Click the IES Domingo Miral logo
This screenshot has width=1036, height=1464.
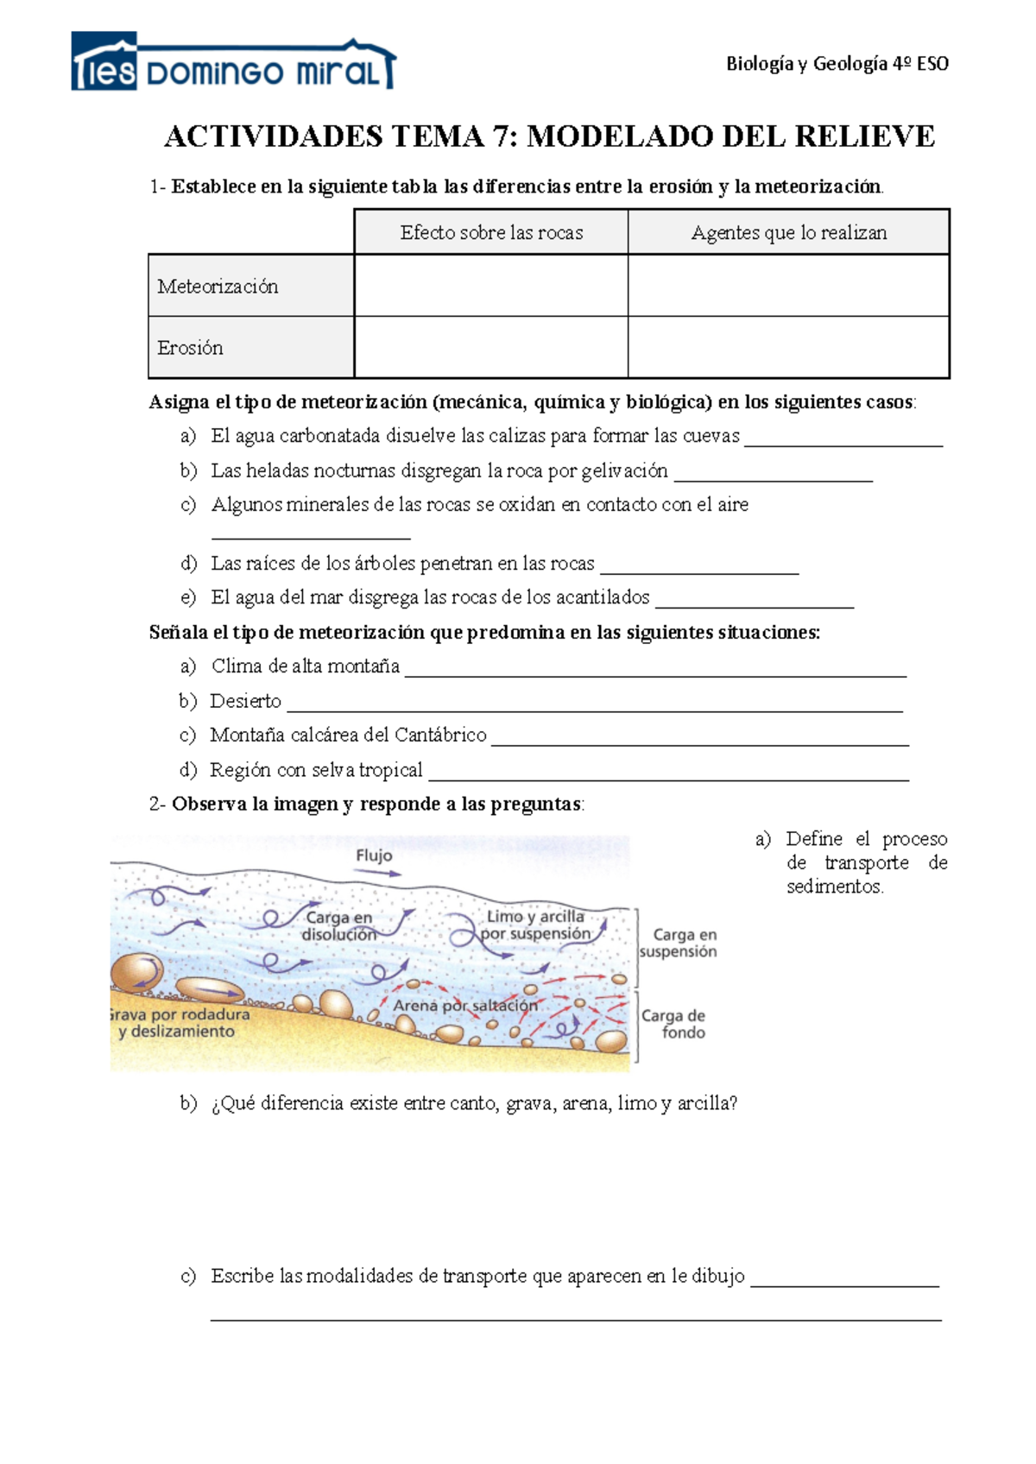click(x=233, y=63)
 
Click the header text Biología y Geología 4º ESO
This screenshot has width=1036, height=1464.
click(x=837, y=63)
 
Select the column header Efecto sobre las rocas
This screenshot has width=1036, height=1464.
click(x=491, y=232)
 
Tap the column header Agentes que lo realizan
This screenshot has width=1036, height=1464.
click(x=788, y=232)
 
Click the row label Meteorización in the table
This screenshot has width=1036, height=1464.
click(x=218, y=287)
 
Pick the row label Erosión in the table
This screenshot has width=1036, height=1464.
click(x=190, y=348)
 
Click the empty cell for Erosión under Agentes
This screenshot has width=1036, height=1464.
click(x=788, y=347)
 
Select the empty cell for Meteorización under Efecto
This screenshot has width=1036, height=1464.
click(x=491, y=286)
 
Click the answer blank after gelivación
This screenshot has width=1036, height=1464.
click(x=773, y=476)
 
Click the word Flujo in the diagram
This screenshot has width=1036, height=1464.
click(x=374, y=855)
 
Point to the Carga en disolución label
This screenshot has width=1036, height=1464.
click(x=338, y=925)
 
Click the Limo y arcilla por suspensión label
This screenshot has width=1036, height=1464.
click(x=535, y=924)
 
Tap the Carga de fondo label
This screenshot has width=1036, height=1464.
click(x=673, y=1024)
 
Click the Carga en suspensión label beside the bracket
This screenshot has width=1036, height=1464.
click(x=679, y=943)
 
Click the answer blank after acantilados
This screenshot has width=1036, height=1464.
click(x=754, y=603)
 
